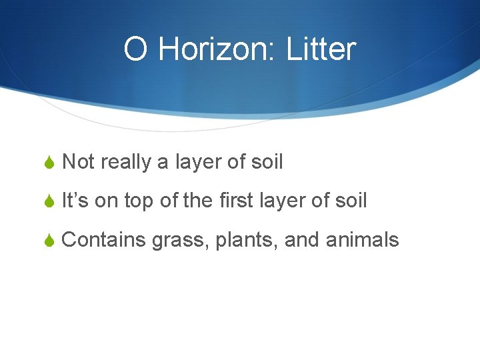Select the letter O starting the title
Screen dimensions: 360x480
point(135,50)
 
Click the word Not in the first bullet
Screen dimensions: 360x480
point(78,162)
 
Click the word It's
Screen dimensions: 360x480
point(75,201)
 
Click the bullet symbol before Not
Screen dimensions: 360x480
point(48,163)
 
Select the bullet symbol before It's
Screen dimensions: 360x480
point(48,201)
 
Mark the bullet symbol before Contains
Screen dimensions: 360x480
point(48,240)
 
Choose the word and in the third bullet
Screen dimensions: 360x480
point(302,239)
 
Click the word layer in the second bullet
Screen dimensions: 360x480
point(281,201)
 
